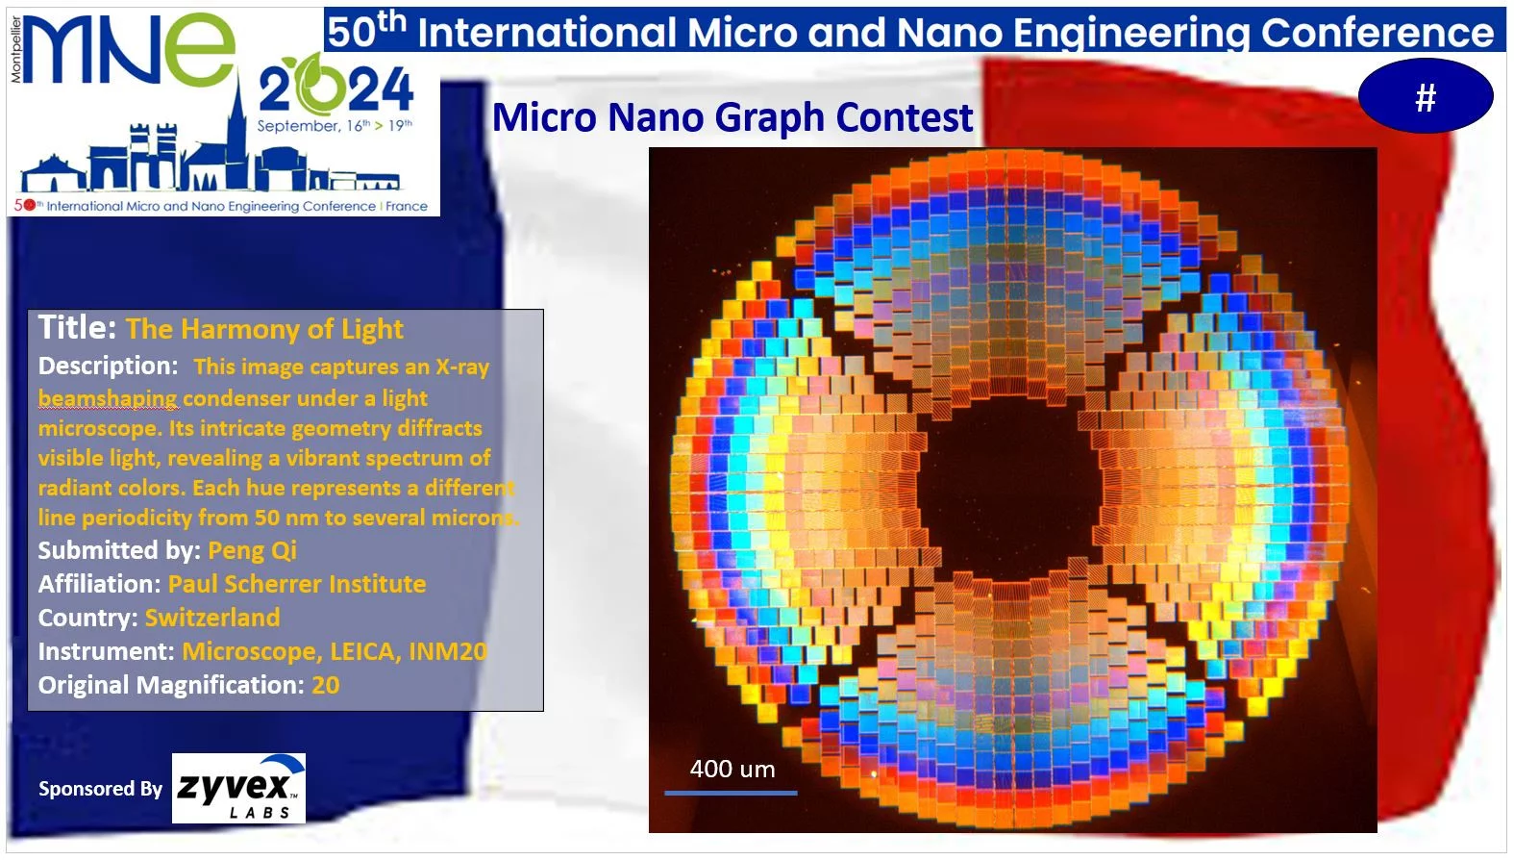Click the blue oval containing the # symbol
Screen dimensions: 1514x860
[x=1426, y=97]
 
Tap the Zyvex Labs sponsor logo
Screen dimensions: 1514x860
[x=238, y=788]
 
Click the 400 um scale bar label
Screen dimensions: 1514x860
[x=732, y=770]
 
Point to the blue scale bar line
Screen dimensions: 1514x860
[x=731, y=793]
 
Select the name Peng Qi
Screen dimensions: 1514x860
[x=252, y=551]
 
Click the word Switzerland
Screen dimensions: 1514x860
[x=212, y=617]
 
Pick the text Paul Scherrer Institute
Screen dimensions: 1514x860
[x=297, y=584]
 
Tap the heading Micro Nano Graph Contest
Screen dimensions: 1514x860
[x=732, y=117]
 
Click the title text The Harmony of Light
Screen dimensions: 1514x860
[x=264, y=330]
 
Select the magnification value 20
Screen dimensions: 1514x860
[x=326, y=686]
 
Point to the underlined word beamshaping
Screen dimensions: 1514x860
[x=108, y=398]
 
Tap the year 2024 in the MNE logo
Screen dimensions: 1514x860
[x=335, y=89]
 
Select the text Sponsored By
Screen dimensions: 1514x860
[x=100, y=789]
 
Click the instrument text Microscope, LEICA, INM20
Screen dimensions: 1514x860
[x=335, y=651]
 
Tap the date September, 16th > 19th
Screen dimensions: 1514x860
[x=335, y=126]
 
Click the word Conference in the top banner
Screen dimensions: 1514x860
[x=1377, y=32]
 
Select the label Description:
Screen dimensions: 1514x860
[x=108, y=367]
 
